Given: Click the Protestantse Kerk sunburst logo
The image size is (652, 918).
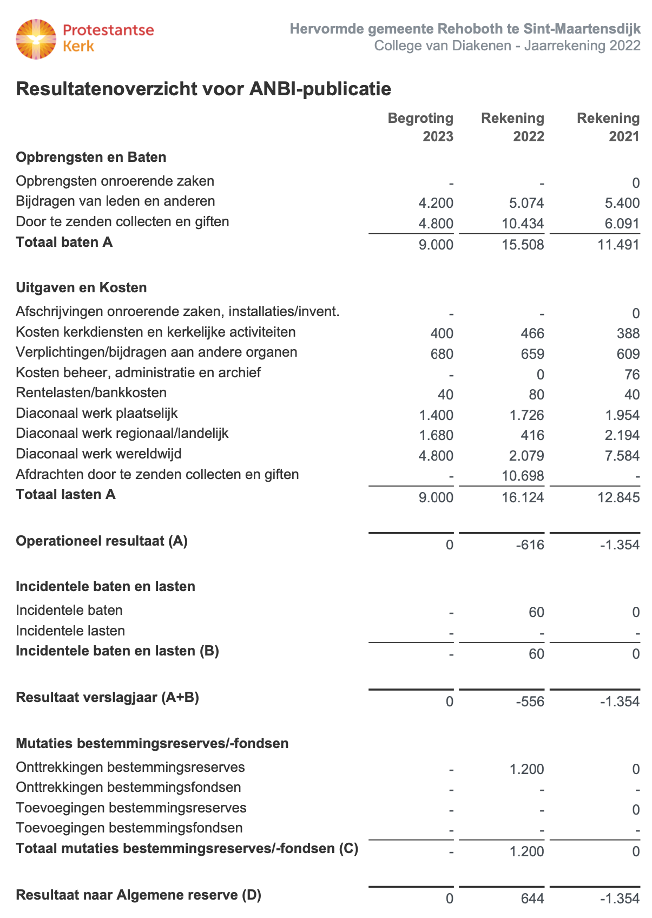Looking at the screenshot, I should (36, 39).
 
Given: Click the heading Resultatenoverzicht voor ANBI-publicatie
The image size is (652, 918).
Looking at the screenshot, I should (203, 89).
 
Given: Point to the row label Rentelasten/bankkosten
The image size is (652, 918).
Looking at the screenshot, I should (91, 393).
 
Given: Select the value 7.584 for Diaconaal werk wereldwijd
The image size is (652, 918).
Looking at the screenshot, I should (619, 456).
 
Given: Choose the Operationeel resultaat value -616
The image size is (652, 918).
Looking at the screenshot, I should (530, 545).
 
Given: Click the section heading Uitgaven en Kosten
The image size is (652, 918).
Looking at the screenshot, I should (81, 287).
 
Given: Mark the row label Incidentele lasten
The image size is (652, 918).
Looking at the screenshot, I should (70, 631).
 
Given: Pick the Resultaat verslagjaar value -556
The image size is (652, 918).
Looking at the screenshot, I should (530, 702).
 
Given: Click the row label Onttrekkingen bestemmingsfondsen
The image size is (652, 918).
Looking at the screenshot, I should (128, 788).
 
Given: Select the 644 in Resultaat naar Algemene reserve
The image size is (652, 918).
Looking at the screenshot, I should (532, 899).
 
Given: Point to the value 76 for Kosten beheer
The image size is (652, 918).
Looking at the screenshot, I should (631, 375).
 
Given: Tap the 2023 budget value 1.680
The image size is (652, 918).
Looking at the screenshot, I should (436, 436).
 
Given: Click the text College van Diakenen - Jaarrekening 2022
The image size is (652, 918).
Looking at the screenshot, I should (507, 45).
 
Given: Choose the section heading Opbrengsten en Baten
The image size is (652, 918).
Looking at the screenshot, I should (91, 158).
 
